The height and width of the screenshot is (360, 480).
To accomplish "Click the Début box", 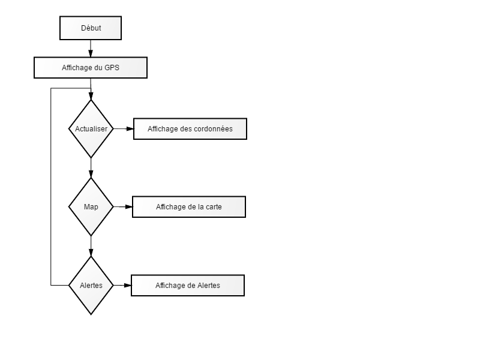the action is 91,28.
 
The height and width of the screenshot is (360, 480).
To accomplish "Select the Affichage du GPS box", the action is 91,68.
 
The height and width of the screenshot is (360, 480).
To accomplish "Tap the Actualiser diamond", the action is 91,129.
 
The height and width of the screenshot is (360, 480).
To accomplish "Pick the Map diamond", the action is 91,207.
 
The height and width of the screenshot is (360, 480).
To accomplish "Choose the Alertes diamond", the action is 91,286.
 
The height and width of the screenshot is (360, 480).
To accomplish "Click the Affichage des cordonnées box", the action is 190,129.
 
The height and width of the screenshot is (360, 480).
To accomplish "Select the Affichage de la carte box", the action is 189,207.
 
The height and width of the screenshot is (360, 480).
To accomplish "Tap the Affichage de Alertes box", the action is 188,286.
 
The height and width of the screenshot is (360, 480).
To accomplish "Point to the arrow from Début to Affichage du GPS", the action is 91,49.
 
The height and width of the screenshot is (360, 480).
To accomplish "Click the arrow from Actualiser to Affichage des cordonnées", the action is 124,129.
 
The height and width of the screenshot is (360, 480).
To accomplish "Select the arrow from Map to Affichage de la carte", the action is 123,207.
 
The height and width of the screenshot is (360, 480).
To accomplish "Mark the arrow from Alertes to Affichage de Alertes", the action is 122,286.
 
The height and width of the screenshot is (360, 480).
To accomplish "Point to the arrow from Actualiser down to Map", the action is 91,168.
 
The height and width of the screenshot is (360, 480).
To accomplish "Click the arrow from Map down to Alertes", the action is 91,247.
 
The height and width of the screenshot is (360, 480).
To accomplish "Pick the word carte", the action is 214,207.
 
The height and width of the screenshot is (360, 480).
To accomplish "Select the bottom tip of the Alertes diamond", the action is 91,314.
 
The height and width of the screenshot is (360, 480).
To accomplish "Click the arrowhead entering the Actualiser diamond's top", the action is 91,95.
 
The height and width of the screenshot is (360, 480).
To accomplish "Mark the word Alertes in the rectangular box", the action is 209,286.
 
